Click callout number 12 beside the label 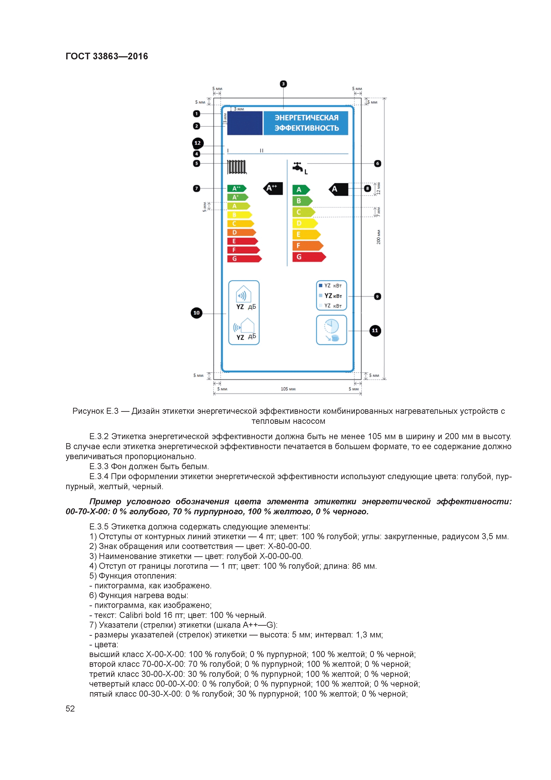[x=198, y=143]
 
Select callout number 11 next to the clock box [x=375, y=331]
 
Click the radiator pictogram [x=237, y=167]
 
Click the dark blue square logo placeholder [x=244, y=123]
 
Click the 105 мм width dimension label [x=288, y=389]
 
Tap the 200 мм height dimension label [x=379, y=237]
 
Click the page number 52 [x=70, y=708]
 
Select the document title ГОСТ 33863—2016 [x=107, y=56]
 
